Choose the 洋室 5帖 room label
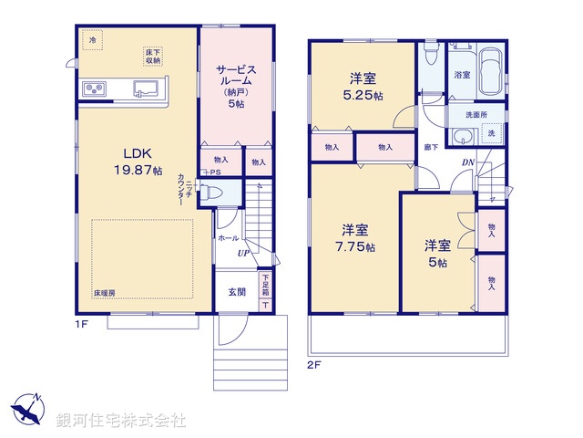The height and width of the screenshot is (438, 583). click(436, 253)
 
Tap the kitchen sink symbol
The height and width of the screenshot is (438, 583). click(147, 89)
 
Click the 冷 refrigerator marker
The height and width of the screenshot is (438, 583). click(92, 40)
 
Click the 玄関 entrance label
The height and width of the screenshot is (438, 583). click(236, 292)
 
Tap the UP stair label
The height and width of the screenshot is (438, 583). click(243, 253)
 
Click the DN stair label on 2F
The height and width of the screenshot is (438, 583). click(467, 164)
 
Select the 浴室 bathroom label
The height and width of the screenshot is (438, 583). click(462, 75)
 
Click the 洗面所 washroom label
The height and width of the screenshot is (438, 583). click(476, 115)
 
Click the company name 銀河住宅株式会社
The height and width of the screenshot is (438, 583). click(120, 421)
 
